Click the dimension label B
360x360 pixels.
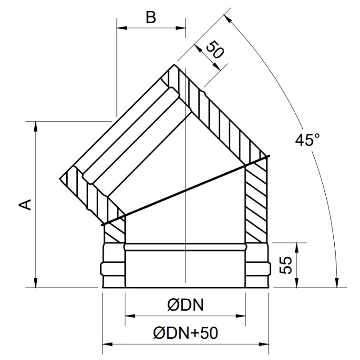(151, 18)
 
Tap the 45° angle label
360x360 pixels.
(307, 140)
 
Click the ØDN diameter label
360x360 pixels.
(185, 305)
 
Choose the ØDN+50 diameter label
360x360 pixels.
(186, 332)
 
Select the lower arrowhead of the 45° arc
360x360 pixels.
(337, 283)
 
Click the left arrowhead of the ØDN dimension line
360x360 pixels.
(129, 316)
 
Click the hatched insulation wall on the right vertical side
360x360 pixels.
(257, 200)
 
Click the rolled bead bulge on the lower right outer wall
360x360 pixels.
(259, 268)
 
